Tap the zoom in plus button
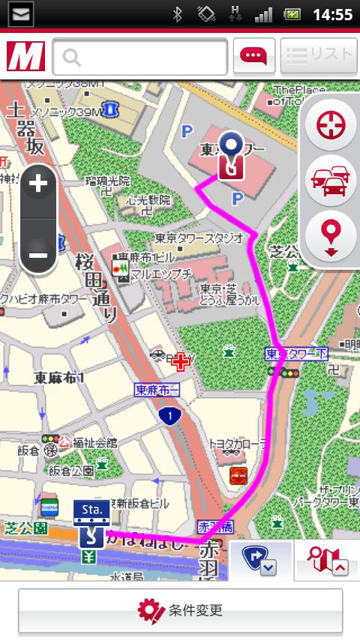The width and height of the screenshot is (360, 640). click(x=38, y=184)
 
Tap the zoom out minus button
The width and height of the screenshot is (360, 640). click(x=38, y=256)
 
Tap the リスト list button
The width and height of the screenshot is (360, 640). click(x=319, y=55)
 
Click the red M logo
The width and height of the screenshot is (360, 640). click(x=25, y=57)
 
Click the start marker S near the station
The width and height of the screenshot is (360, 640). click(x=90, y=536)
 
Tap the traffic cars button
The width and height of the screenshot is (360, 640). click(x=331, y=180)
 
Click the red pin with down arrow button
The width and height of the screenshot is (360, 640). click(x=331, y=235)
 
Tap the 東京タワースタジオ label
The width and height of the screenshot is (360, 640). click(x=199, y=238)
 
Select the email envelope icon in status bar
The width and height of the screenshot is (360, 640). click(x=22, y=13)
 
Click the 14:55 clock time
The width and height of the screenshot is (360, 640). click(x=332, y=14)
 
